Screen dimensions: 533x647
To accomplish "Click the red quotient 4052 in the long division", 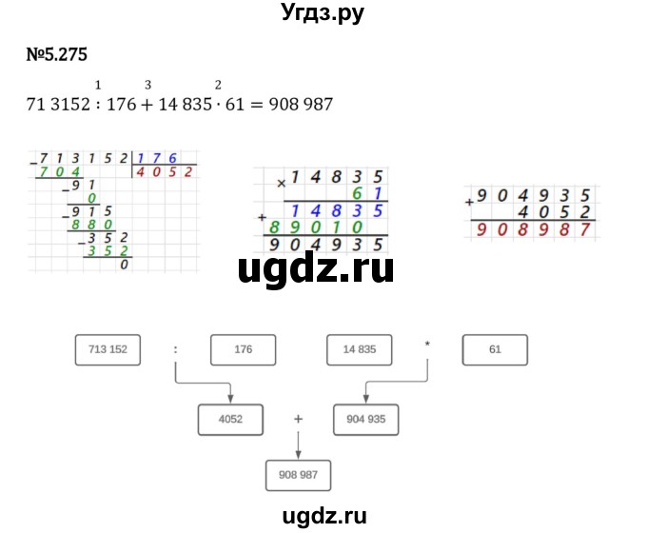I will [x=166, y=172].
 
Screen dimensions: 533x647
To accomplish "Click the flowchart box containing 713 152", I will [x=107, y=350].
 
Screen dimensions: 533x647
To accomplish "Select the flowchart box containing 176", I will [x=243, y=350].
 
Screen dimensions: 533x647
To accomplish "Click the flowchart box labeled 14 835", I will [x=360, y=350].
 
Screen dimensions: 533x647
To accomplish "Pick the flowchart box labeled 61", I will [x=495, y=350].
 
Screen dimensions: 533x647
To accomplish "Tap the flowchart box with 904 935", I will [x=366, y=418].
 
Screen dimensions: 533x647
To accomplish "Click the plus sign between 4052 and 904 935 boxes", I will [x=298, y=418].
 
